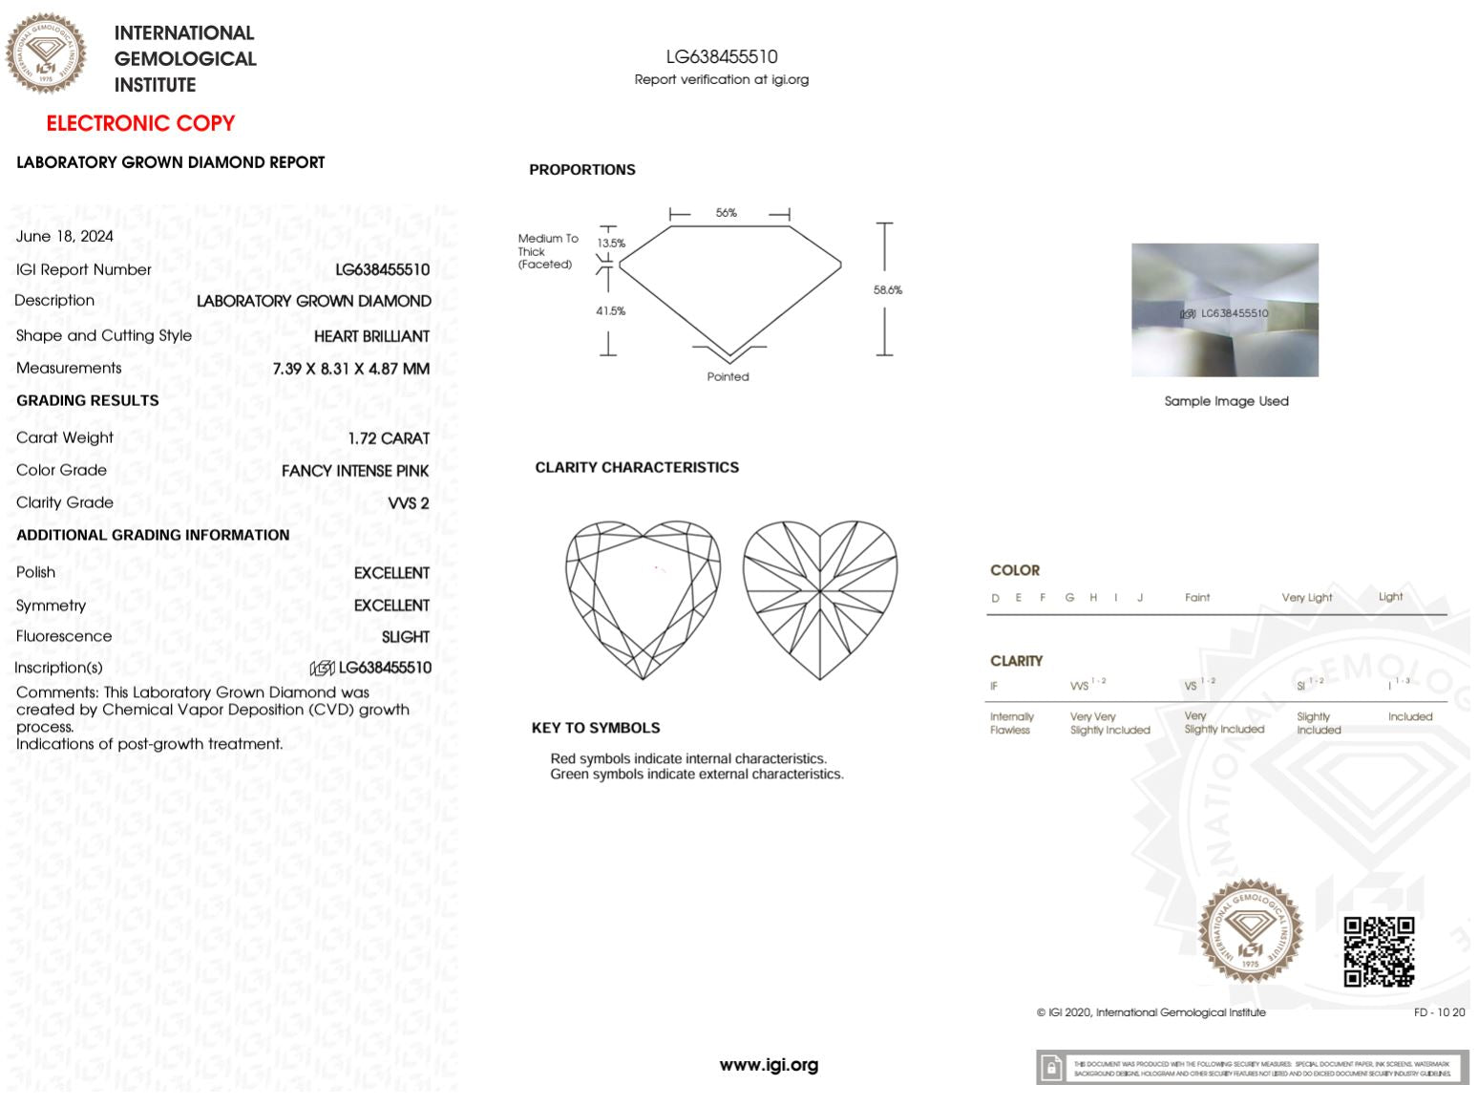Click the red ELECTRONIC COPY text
140,123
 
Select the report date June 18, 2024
65,236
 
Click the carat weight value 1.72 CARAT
389,438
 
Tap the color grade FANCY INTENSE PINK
355,471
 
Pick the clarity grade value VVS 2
409,503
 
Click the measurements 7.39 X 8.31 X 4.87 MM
350,369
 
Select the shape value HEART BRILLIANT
371,336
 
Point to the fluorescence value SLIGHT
406,637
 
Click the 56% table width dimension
727,213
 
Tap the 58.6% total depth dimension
888,290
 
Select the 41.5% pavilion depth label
611,311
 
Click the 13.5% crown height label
611,244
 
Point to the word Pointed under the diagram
728,377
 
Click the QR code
1379,951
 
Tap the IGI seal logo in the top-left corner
45,53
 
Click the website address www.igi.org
769,1065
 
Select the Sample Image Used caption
1226,401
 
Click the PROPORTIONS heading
582,170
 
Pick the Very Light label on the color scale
1306,598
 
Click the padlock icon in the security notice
1051,1068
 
